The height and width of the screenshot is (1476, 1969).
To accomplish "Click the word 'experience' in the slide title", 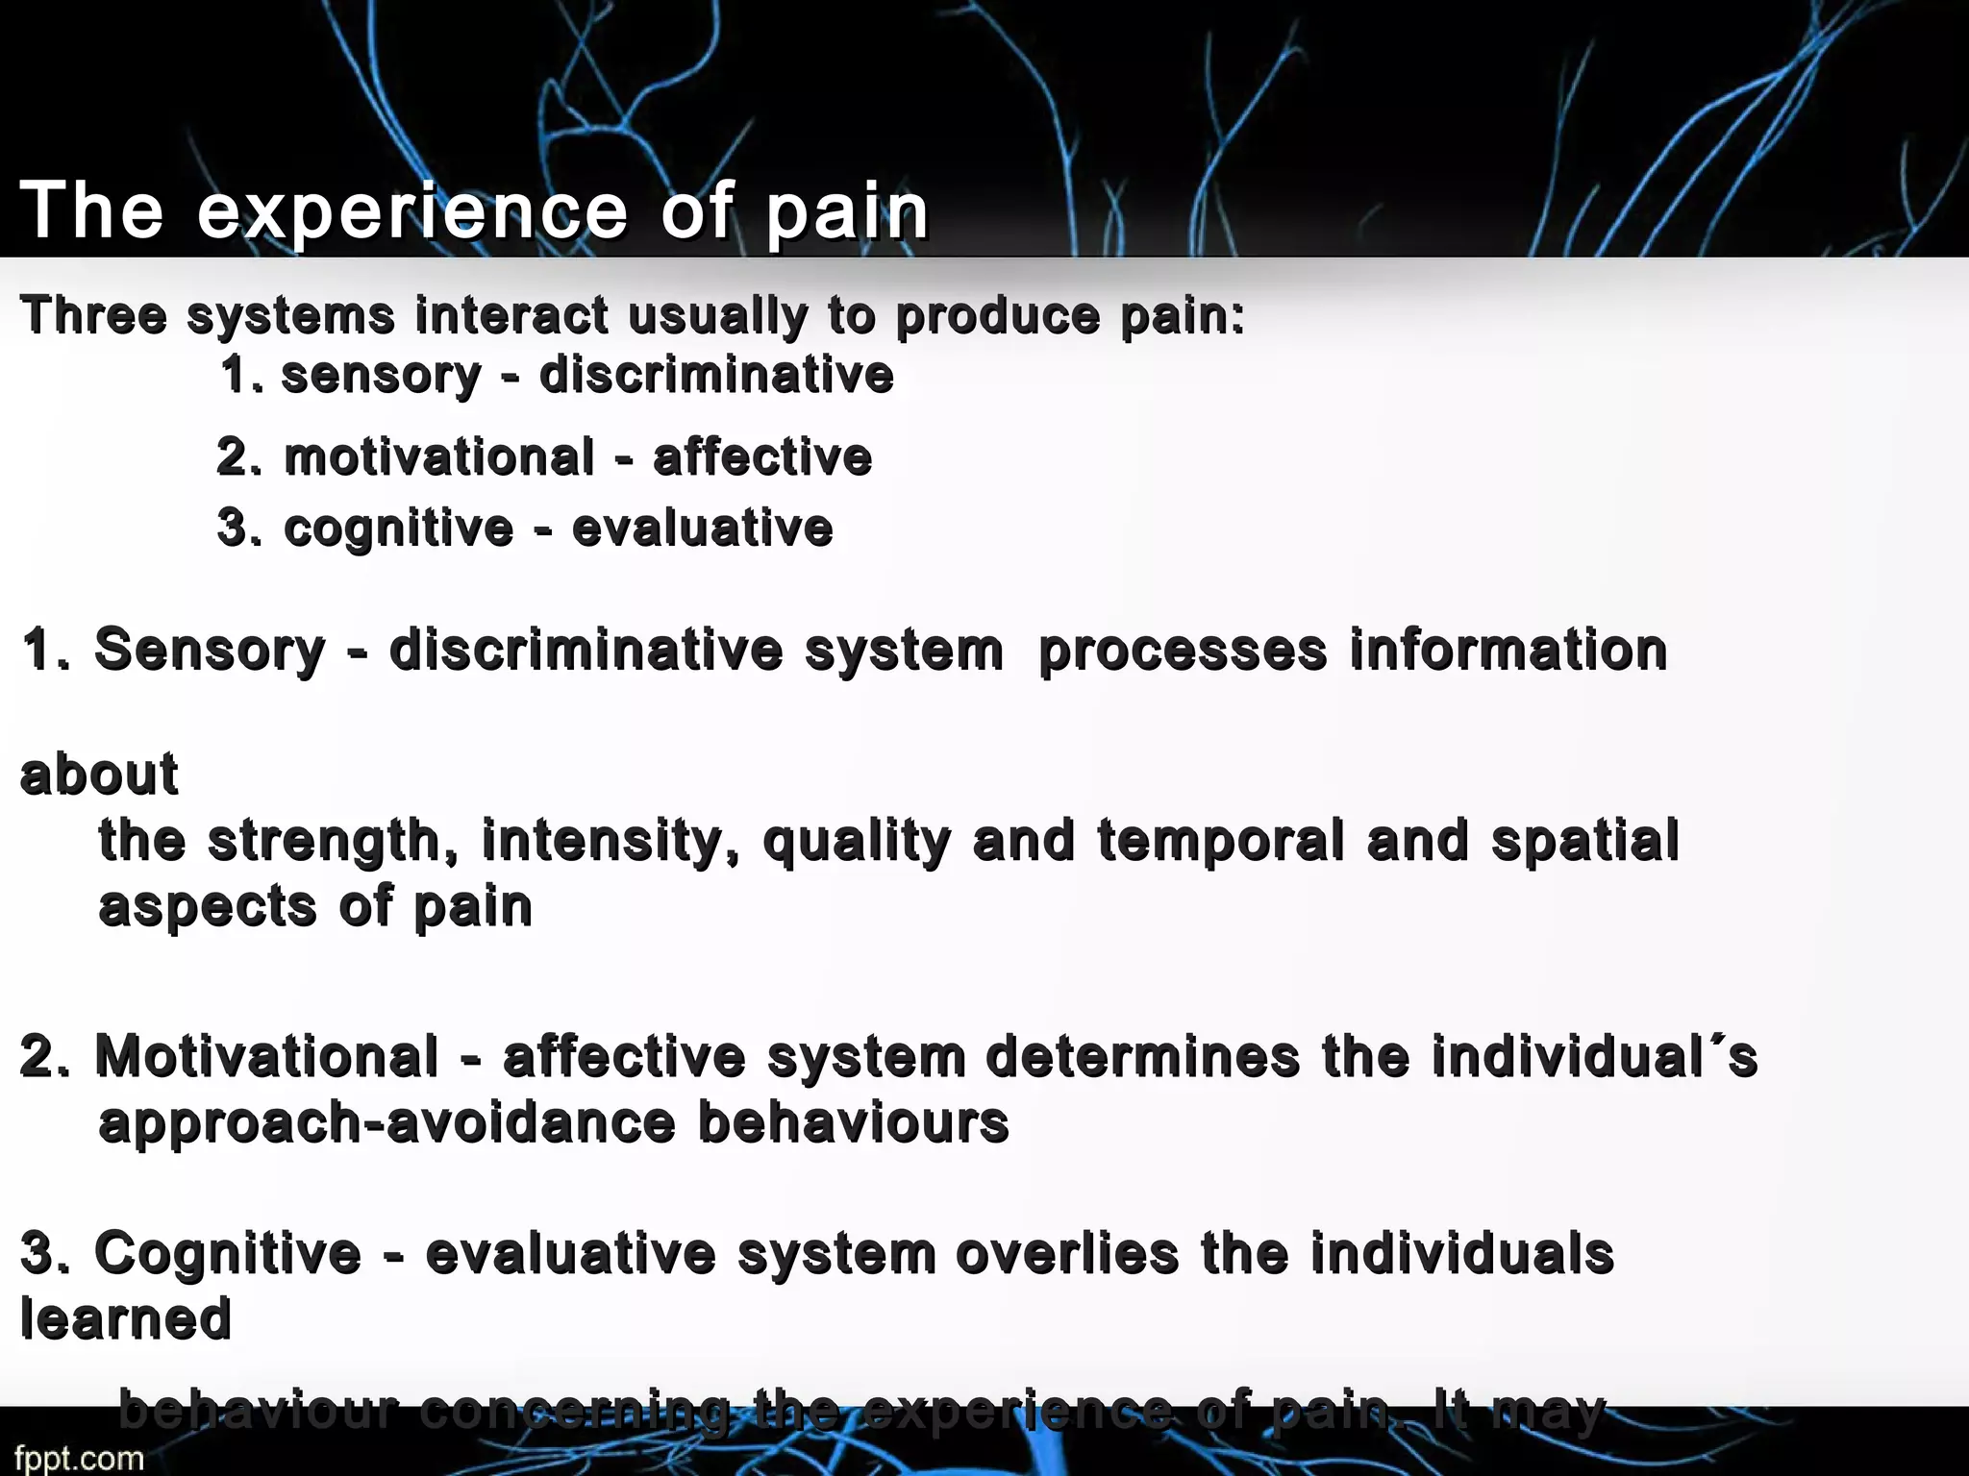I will tap(412, 211).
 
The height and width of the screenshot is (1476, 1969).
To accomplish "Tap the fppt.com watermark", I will tap(79, 1457).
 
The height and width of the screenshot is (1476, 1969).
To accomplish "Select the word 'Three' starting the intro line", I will tap(93, 315).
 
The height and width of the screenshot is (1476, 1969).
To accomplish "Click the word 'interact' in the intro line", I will tap(511, 315).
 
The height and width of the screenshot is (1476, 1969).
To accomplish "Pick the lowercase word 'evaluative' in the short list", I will tap(702, 529).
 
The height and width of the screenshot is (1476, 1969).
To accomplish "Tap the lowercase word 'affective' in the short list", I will tap(762, 457).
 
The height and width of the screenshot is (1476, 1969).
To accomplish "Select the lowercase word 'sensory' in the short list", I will tap(381, 376).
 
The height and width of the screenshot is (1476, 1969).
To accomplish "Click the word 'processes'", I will tap(1183, 652).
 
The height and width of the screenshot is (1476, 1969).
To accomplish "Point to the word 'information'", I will tap(1508, 650).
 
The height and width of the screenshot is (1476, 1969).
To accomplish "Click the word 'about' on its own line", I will tap(99, 775).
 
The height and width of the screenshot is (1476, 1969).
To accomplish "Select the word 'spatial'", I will tap(1585, 842).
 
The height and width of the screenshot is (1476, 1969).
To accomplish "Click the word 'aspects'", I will tap(208, 907).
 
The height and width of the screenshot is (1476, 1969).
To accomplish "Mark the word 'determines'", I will tap(1143, 1057).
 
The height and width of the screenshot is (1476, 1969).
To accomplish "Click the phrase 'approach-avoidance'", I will tap(387, 1122).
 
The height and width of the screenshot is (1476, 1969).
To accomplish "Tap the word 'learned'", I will tap(126, 1318).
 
